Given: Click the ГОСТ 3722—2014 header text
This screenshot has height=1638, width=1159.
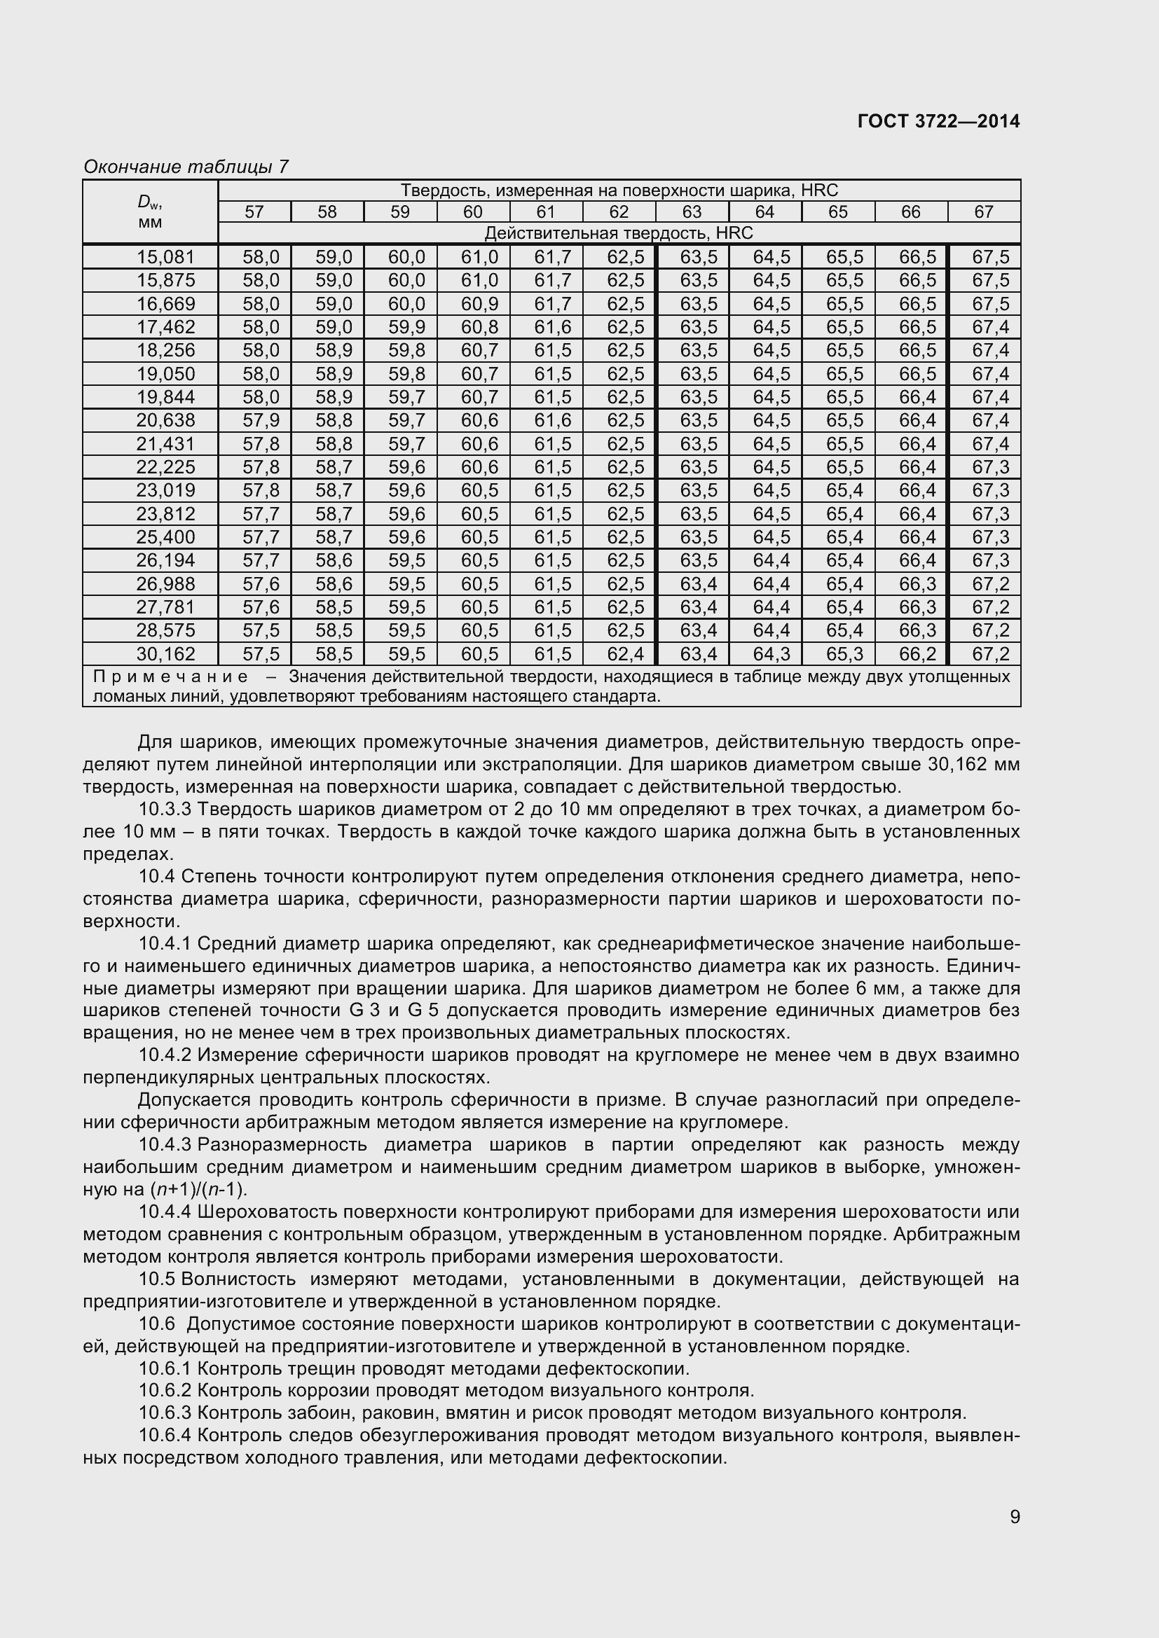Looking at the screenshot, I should click(x=938, y=121).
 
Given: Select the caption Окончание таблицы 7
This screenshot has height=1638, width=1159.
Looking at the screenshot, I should click(x=186, y=167).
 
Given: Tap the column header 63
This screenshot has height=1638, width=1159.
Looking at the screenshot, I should click(x=692, y=212).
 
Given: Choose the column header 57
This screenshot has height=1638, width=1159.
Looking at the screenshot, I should click(x=254, y=212).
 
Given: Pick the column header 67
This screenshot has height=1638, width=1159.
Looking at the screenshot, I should click(x=983, y=212).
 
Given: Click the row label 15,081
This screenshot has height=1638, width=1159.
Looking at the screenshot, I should click(x=165, y=257).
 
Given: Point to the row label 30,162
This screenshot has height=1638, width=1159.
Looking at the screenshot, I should click(x=165, y=653).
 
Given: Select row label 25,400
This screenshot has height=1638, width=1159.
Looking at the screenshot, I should click(x=165, y=536).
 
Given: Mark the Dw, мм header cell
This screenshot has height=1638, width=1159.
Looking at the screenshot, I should click(x=150, y=212).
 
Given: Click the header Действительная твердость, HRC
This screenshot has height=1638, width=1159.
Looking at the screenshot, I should click(x=618, y=233).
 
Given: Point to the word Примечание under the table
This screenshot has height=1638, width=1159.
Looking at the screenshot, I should click(x=171, y=676).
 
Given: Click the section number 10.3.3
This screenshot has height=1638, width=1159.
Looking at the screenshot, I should click(x=165, y=809).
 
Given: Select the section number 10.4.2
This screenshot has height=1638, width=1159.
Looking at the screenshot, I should click(x=165, y=1055).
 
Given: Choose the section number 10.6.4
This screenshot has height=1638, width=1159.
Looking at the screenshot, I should click(x=165, y=1435).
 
